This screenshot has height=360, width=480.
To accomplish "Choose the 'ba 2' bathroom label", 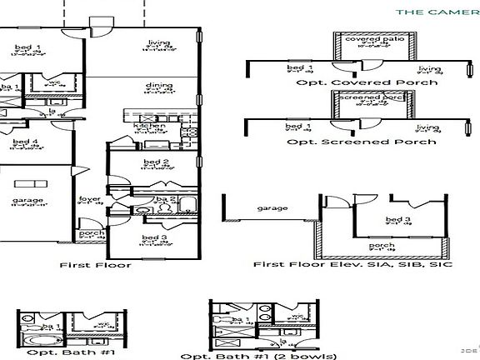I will click(x=160, y=198).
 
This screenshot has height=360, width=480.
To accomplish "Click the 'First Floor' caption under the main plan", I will click(x=96, y=265).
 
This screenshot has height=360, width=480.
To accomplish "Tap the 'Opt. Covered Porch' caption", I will click(x=361, y=82).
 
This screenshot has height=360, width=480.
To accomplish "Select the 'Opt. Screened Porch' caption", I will click(x=361, y=142).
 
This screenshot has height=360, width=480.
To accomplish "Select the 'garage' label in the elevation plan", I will click(x=272, y=207).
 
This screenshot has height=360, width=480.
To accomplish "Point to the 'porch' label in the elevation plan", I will click(x=382, y=246).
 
